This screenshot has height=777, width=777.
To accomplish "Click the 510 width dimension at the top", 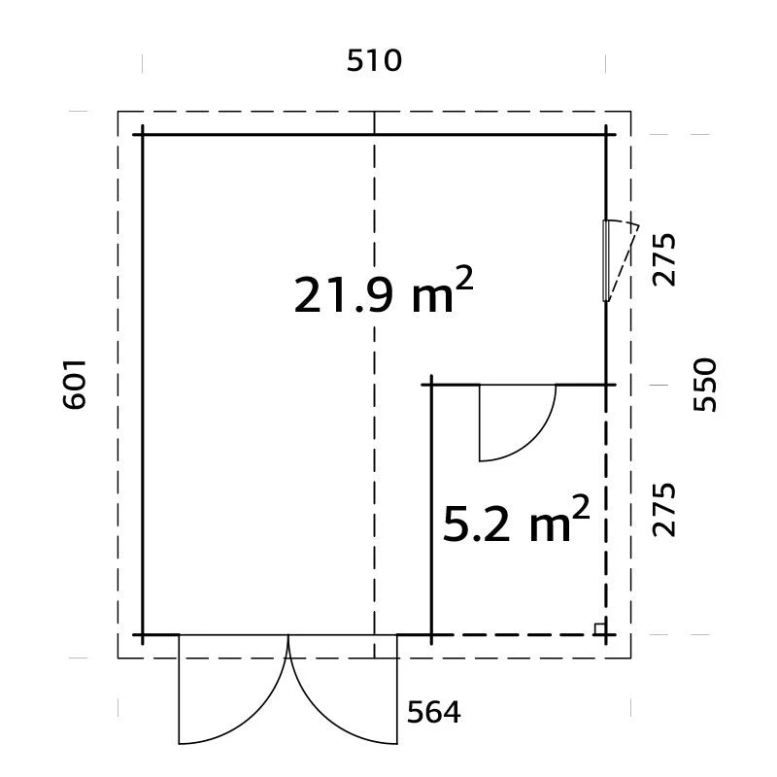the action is pos(374,61).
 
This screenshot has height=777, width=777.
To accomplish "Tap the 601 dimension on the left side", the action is pos(75,385).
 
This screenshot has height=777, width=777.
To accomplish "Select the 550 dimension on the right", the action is pos(704,385).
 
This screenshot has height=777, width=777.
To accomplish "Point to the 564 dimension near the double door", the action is pos(433,713).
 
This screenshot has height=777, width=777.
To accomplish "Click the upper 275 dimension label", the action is pos(663,259).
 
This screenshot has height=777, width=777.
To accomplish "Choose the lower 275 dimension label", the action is pos(663,510).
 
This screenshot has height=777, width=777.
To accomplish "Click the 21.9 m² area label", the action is pos(384,291).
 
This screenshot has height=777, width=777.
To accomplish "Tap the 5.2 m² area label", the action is pos(516,519).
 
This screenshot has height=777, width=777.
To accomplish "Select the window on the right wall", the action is pos(605,260).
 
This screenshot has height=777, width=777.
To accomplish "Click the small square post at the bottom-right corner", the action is pos(600,628).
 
